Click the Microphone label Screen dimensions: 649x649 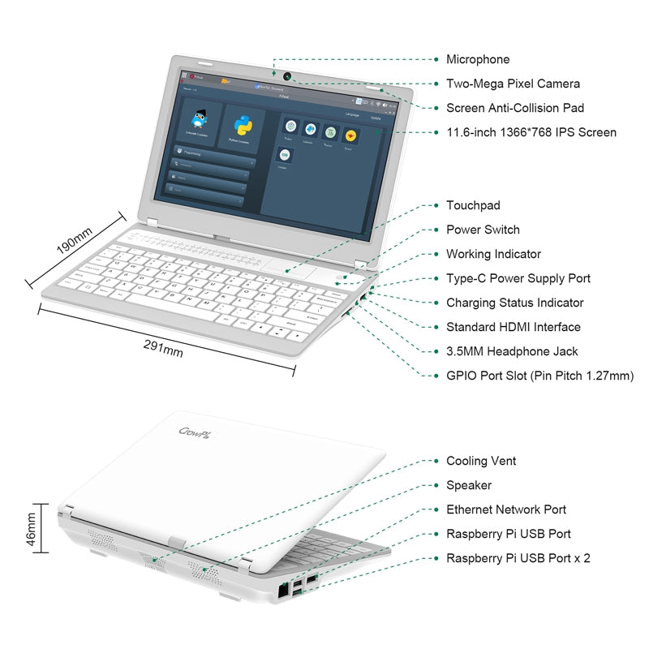(x=478, y=59)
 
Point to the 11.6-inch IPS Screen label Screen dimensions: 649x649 (x=531, y=132)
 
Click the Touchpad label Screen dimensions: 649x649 (x=473, y=205)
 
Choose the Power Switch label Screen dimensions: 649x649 (x=483, y=230)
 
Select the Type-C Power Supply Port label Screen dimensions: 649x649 (x=518, y=278)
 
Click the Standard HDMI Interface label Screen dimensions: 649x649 (x=514, y=327)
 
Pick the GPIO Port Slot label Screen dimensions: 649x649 (x=539, y=376)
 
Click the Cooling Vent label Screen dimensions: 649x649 (x=481, y=461)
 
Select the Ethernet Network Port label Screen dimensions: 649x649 (x=506, y=509)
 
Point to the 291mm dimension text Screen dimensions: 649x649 (x=163, y=348)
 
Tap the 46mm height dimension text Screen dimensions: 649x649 (x=32, y=531)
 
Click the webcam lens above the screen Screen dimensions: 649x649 (x=288, y=80)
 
